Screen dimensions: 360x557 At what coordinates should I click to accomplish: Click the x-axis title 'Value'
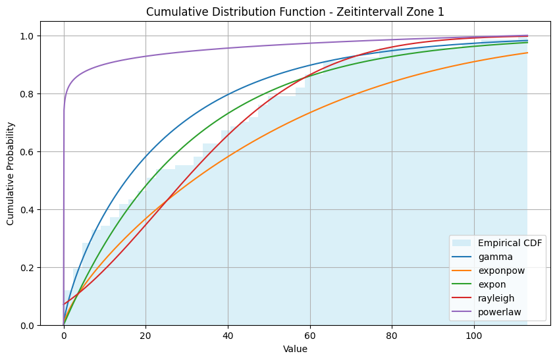295,349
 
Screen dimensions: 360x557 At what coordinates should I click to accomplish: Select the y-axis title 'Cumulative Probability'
11,180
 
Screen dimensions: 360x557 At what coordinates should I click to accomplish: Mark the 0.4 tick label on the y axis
26,210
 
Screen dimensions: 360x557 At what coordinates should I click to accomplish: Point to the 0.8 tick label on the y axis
26,94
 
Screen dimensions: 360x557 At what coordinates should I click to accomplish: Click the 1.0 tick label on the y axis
26,36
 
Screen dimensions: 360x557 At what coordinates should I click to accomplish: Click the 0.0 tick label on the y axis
26,326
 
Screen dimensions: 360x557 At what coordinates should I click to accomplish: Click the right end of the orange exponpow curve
527,53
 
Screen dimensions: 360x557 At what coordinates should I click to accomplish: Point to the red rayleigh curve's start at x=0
64,304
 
